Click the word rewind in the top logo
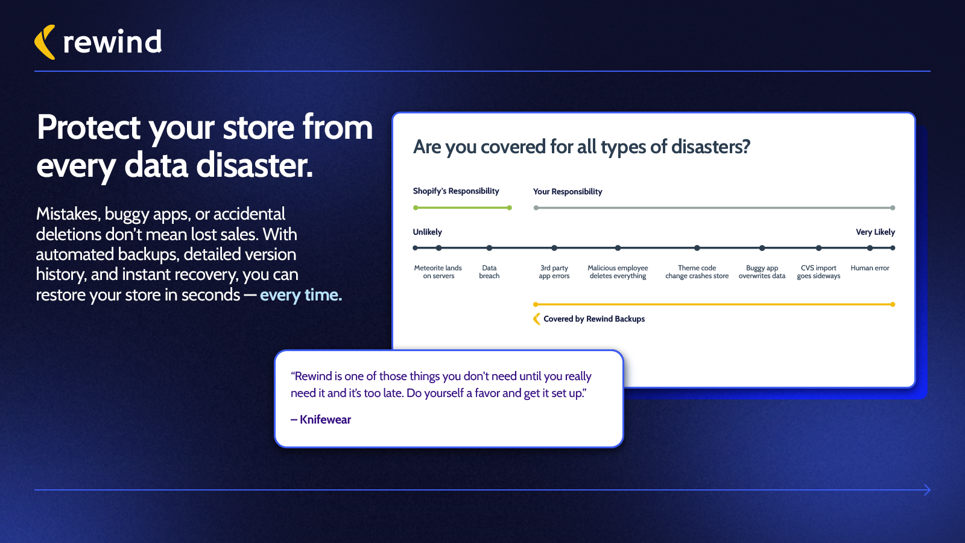coord(112,42)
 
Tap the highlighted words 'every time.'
coord(301,295)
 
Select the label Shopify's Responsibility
coord(456,191)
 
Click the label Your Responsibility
coord(568,191)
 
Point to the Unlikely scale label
coord(428,232)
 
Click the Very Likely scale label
coord(875,232)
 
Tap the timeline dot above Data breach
coord(489,248)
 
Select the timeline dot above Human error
coord(870,248)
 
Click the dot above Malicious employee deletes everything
coord(618,248)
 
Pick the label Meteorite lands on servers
coord(438,272)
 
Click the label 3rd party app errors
coord(554,272)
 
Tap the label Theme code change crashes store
coord(697,272)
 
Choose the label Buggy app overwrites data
coord(762,272)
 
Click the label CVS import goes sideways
coord(818,272)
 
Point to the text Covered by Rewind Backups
coord(594,319)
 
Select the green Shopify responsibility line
coord(462,208)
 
